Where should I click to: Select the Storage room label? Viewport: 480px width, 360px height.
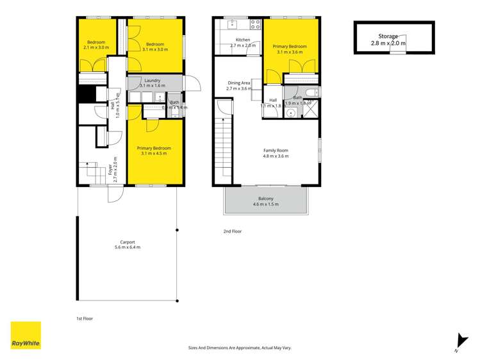click(388, 37)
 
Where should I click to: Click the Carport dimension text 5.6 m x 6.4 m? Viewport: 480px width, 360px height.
click(127, 247)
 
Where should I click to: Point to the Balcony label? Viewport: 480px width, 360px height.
click(265, 199)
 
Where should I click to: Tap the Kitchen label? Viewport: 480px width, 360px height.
click(242, 40)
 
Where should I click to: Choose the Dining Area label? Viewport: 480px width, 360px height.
click(239, 83)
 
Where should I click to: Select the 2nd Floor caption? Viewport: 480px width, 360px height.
click(232, 231)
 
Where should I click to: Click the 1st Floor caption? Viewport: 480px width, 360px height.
click(84, 318)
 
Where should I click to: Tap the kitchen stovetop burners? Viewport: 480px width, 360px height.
click(255, 25)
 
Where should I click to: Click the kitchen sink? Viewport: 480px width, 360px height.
click(233, 25)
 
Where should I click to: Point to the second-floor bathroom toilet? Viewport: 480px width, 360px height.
click(310, 94)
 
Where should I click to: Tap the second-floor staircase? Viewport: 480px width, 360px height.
click(224, 151)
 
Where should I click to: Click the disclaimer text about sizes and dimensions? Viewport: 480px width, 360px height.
click(240, 348)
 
